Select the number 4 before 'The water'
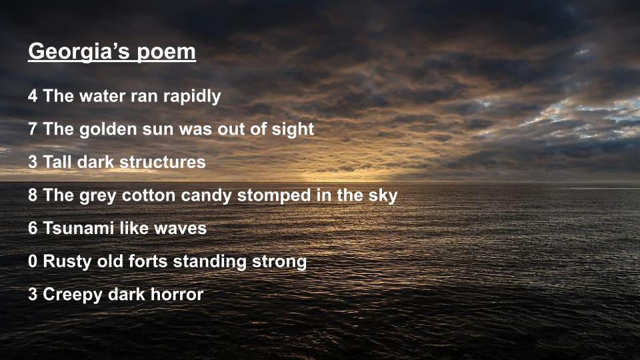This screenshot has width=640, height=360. [33, 96]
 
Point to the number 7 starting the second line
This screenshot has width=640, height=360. [33, 129]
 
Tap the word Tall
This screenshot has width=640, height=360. [57, 162]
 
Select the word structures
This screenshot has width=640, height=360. [163, 162]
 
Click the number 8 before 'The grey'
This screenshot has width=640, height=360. [33, 195]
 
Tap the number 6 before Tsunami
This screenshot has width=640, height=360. [33, 228]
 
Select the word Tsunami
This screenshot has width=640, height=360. [79, 228]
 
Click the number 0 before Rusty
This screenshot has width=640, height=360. [33, 261]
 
